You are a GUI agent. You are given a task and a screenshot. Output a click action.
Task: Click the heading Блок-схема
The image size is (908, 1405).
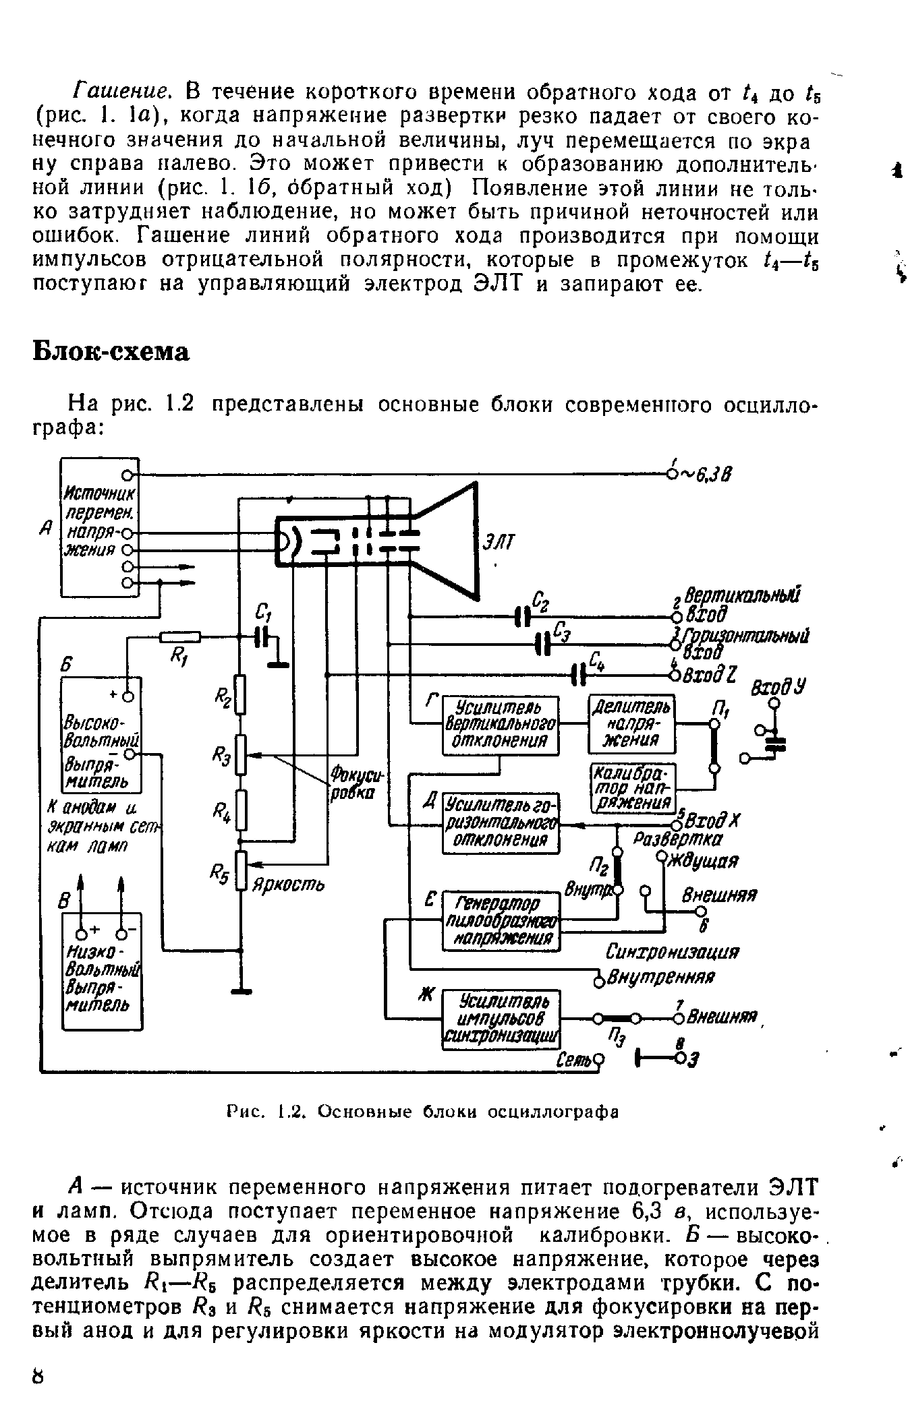(x=112, y=352)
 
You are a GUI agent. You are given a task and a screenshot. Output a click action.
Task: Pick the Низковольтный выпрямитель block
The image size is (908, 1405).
(x=102, y=971)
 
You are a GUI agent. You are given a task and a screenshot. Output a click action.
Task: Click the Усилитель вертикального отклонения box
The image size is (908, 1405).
(x=501, y=725)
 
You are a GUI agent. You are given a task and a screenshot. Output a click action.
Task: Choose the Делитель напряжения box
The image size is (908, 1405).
(x=631, y=723)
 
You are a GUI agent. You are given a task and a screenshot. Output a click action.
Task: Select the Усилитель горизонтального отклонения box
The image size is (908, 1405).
(x=501, y=823)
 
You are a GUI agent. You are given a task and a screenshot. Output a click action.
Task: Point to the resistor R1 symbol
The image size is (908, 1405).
(x=180, y=636)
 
